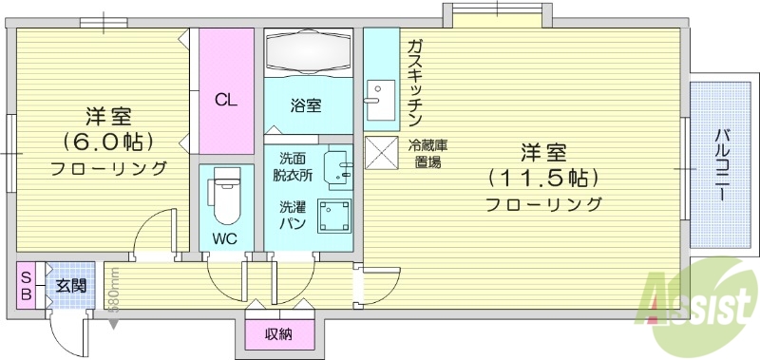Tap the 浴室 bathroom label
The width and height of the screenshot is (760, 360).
(306, 105)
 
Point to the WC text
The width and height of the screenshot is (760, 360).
(225, 237)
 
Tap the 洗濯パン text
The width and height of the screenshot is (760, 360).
(293, 215)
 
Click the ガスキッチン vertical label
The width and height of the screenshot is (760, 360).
(415, 84)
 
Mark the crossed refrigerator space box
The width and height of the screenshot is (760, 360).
(381, 152)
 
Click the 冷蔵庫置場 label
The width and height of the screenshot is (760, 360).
(428, 153)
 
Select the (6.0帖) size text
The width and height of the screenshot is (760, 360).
(108, 142)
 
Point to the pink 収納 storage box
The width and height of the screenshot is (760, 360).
(277, 333)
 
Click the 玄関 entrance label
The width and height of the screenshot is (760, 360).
(70, 285)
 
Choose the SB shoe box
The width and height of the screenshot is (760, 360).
(27, 284)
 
